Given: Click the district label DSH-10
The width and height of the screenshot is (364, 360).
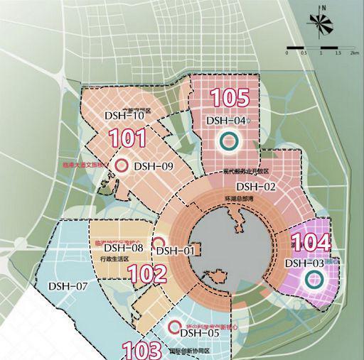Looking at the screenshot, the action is (124, 115).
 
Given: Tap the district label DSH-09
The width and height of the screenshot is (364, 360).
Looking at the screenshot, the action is (154, 166).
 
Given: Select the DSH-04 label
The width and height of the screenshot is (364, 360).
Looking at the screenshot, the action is (226, 121).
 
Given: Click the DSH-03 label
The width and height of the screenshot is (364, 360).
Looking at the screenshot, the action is (305, 263).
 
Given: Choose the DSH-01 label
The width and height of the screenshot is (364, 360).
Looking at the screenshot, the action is (175, 250).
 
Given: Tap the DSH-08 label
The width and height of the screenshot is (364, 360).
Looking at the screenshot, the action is (124, 248).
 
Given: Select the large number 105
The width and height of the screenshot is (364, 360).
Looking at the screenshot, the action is (231, 99).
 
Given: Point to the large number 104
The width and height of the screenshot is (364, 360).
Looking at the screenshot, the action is (311, 242).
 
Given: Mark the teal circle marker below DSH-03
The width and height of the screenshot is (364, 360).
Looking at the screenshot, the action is (311, 280).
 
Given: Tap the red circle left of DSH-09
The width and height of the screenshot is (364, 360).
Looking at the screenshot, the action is (122, 165).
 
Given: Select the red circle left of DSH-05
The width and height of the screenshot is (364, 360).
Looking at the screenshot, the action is (173, 327).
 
